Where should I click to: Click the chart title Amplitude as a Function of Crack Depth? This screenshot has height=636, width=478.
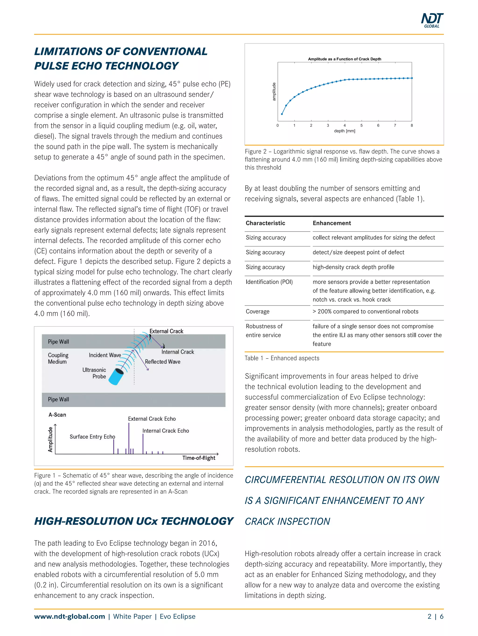pos(344,59)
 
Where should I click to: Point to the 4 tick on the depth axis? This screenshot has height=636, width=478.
pos(344,125)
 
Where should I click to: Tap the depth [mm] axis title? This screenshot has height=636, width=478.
pos(344,131)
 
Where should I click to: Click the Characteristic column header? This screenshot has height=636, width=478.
pos(265,223)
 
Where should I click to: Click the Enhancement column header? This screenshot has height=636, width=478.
pos(332,223)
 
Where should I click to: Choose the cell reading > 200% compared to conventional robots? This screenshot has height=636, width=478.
pos(365,311)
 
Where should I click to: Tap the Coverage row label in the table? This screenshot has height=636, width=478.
pos(257,311)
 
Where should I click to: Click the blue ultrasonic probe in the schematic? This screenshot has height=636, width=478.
pos(116,376)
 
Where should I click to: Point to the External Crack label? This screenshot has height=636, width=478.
pos(166,331)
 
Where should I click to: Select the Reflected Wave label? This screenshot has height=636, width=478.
pos(162,362)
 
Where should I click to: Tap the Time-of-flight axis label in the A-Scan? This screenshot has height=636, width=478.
pos(198,458)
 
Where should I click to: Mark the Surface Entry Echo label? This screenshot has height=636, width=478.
pos(92,437)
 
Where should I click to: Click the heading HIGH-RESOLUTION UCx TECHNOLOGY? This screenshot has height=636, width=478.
pos(134,521)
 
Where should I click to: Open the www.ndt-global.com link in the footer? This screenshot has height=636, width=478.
pos(70,616)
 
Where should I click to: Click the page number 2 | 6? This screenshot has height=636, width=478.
pos(435,616)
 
